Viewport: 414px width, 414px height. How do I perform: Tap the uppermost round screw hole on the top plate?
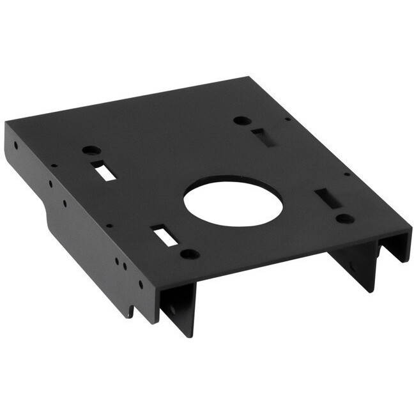coord(241,120)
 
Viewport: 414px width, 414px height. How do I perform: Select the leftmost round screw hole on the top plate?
coord(91,150)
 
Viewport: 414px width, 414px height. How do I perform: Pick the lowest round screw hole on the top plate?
coord(189,254)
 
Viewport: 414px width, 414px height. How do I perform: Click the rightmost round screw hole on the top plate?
coord(345,218)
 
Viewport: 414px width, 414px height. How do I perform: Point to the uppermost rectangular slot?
coord(260,137)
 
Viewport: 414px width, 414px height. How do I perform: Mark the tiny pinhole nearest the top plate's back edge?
coord(288,119)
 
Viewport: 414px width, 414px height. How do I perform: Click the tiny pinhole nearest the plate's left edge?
coord(54,165)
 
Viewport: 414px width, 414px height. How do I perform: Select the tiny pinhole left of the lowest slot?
coord(110,225)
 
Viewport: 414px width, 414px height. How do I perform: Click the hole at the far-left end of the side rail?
coord(16,144)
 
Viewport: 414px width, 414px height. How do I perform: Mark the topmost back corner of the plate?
coord(249,77)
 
